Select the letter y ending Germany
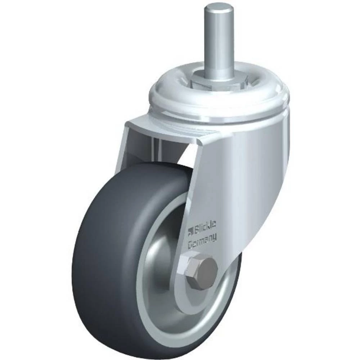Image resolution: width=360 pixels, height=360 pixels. pyautogui.click(x=215, y=238)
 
